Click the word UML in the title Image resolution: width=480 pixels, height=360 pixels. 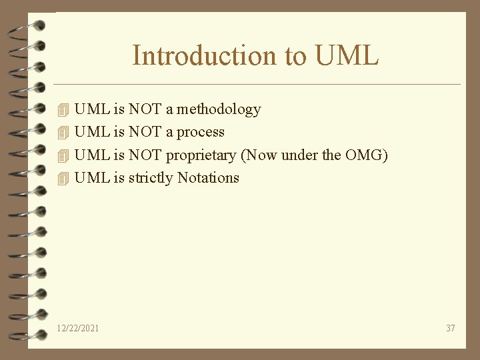[347, 55]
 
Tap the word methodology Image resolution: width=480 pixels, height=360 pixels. [219, 109]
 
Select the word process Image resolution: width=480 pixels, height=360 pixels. [200, 133]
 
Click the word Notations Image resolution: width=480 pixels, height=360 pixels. [208, 178]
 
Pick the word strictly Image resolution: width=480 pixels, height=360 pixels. [151, 178]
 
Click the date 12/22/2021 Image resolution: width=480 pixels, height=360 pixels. [79, 328]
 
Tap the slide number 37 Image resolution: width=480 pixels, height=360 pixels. [451, 328]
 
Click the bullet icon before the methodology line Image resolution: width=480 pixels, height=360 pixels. [63, 109]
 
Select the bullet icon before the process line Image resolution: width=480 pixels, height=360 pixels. [63, 133]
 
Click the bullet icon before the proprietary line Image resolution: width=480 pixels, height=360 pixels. [63, 156]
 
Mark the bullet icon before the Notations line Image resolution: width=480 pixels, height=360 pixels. [63, 179]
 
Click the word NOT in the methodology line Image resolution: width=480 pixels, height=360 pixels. [145, 109]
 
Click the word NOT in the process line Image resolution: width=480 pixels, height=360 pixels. [145, 132]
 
